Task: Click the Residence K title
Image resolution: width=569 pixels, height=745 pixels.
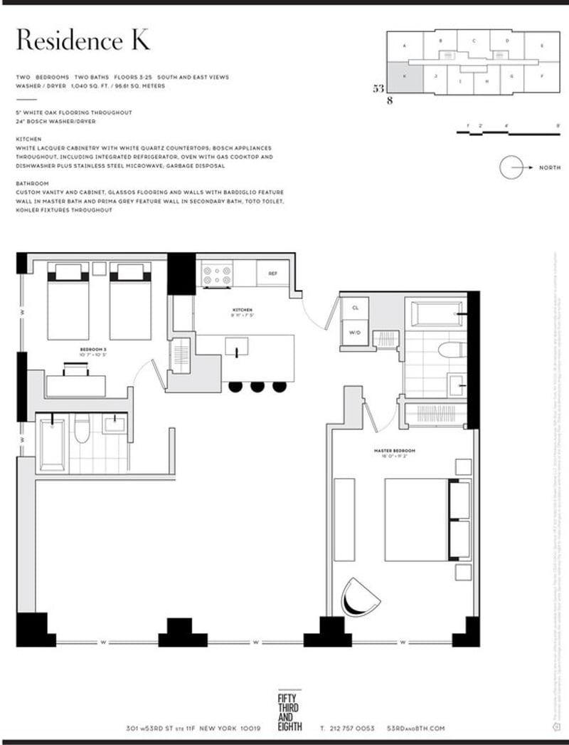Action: click(x=83, y=41)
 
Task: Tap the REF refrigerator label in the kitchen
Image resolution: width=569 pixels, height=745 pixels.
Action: click(x=272, y=273)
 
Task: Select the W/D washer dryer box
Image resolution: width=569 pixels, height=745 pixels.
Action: click(x=354, y=331)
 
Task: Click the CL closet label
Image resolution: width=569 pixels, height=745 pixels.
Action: click(x=354, y=308)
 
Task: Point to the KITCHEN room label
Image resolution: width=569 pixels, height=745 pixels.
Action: click(x=243, y=311)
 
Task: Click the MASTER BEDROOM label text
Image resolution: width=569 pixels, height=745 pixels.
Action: click(x=394, y=451)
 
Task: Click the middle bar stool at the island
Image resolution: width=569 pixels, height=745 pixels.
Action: click(x=257, y=387)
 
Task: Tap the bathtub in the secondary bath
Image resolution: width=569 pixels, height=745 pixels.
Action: click(x=53, y=444)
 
